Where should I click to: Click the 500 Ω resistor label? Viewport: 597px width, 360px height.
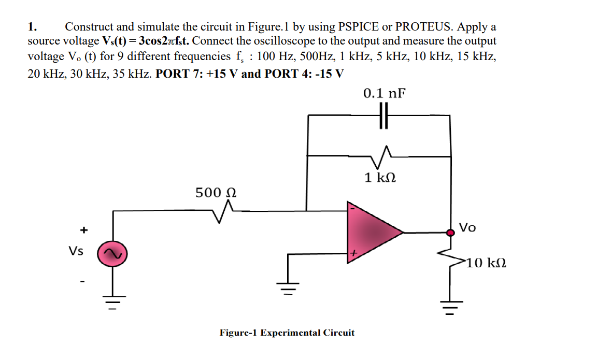coord(216,193)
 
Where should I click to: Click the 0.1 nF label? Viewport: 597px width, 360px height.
coord(384,93)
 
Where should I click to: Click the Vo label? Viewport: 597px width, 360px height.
coord(468,227)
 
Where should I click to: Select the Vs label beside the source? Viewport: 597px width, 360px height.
coord(76,251)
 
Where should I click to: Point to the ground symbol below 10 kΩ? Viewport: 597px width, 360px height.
coord(449,309)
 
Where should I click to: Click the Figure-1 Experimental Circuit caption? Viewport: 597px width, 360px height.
coord(287,333)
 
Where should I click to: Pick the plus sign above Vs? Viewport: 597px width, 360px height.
coord(82,229)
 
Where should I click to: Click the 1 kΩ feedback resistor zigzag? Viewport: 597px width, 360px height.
coord(383,152)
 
